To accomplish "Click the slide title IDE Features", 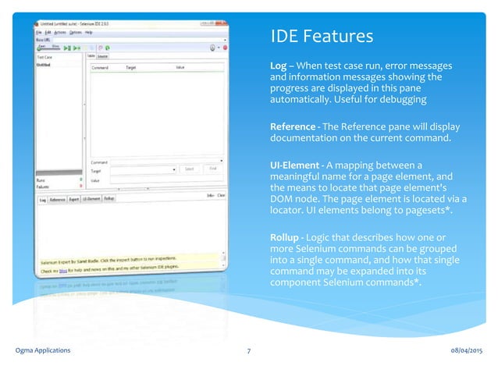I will tap(321, 37).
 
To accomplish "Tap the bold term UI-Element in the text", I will tap(295, 165).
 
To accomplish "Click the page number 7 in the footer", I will tap(248, 350).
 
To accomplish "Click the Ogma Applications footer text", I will tap(43, 350).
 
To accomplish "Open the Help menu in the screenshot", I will tap(89, 33).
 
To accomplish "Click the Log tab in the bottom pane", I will tap(43, 199).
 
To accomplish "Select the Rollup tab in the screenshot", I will tap(109, 199).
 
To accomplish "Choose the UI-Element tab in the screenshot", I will tap(91, 199).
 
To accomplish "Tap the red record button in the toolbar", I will tap(225, 48).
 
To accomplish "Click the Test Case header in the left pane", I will tap(44, 57).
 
